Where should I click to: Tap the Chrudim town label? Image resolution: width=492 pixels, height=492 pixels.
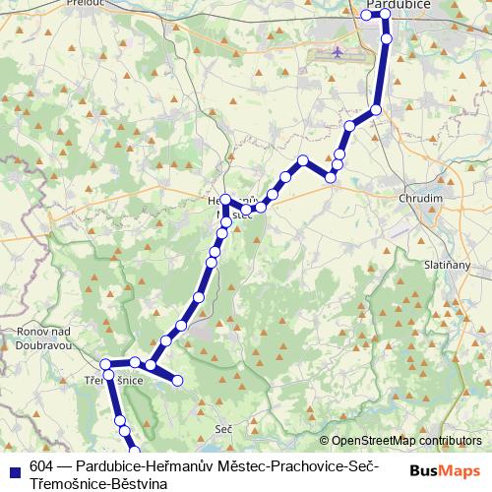[420, 198]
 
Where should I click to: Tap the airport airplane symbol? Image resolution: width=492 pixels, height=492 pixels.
[338, 51]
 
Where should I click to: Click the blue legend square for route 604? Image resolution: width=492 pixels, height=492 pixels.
[14, 467]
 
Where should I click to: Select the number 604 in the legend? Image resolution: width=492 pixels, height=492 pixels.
[41, 466]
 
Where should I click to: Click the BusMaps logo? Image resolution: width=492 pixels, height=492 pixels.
[444, 470]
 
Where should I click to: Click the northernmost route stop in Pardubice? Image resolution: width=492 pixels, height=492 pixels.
[385, 14]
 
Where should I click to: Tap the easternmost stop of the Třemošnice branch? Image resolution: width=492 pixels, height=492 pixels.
[178, 381]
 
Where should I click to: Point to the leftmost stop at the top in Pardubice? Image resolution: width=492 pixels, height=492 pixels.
[367, 15]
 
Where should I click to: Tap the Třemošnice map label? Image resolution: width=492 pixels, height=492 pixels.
[115, 380]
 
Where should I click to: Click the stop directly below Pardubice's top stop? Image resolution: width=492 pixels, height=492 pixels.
[387, 38]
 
